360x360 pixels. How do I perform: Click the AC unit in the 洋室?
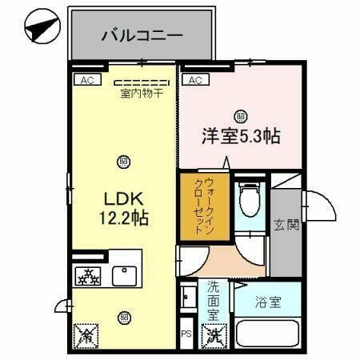(x=194, y=79)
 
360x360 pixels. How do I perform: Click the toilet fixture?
(x=249, y=198)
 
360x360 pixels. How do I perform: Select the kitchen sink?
(x=125, y=276)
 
